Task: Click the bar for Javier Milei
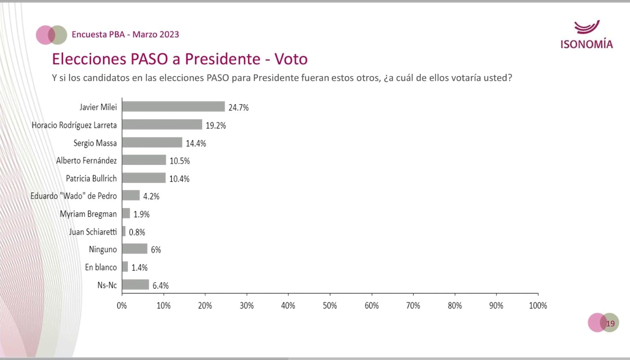[x=173, y=107]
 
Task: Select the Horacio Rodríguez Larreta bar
[x=162, y=124]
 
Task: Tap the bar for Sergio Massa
[x=152, y=142]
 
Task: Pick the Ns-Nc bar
[x=135, y=285]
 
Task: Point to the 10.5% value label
[x=180, y=161]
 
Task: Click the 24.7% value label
[x=238, y=108]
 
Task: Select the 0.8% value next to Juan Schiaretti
[x=137, y=232]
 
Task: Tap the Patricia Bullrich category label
[x=91, y=178]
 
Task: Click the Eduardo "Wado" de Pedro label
[x=74, y=196]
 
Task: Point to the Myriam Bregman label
[x=88, y=214]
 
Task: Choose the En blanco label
[x=101, y=267]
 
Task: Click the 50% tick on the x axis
[x=330, y=305]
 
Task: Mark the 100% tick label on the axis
[x=537, y=305]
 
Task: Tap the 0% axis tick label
[x=122, y=305]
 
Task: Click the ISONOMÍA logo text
[x=586, y=44]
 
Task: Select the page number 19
[x=610, y=323]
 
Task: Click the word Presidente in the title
[x=222, y=59]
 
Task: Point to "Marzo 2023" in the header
[x=156, y=34]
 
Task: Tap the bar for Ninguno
[x=135, y=249]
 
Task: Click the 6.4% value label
[x=160, y=286]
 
